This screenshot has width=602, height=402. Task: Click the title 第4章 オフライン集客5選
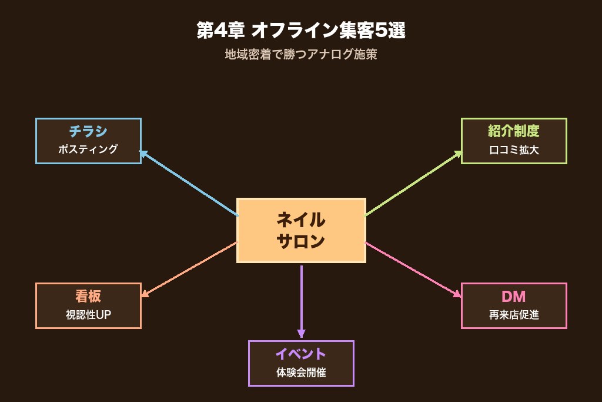[x=300, y=31]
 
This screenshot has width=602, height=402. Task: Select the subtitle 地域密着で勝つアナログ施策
[x=300, y=55]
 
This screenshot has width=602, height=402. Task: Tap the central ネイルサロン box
[x=300, y=230]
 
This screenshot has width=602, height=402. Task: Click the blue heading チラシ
[x=88, y=131]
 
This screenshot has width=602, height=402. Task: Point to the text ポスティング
[x=88, y=149]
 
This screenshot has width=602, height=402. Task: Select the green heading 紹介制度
[x=513, y=131]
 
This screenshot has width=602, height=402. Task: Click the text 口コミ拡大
[x=513, y=149]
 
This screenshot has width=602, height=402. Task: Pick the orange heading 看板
[x=88, y=296]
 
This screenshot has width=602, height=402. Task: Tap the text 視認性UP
[x=88, y=314]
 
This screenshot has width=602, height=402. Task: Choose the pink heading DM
[x=513, y=296]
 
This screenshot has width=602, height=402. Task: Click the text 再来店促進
[x=513, y=314]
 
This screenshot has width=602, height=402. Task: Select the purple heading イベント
[x=300, y=354]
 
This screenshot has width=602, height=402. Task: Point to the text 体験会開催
[x=300, y=372]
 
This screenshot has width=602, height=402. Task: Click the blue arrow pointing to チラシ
[x=188, y=183]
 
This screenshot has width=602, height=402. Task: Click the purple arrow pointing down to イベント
[x=301, y=301]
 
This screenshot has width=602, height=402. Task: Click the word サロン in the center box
[x=300, y=241]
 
